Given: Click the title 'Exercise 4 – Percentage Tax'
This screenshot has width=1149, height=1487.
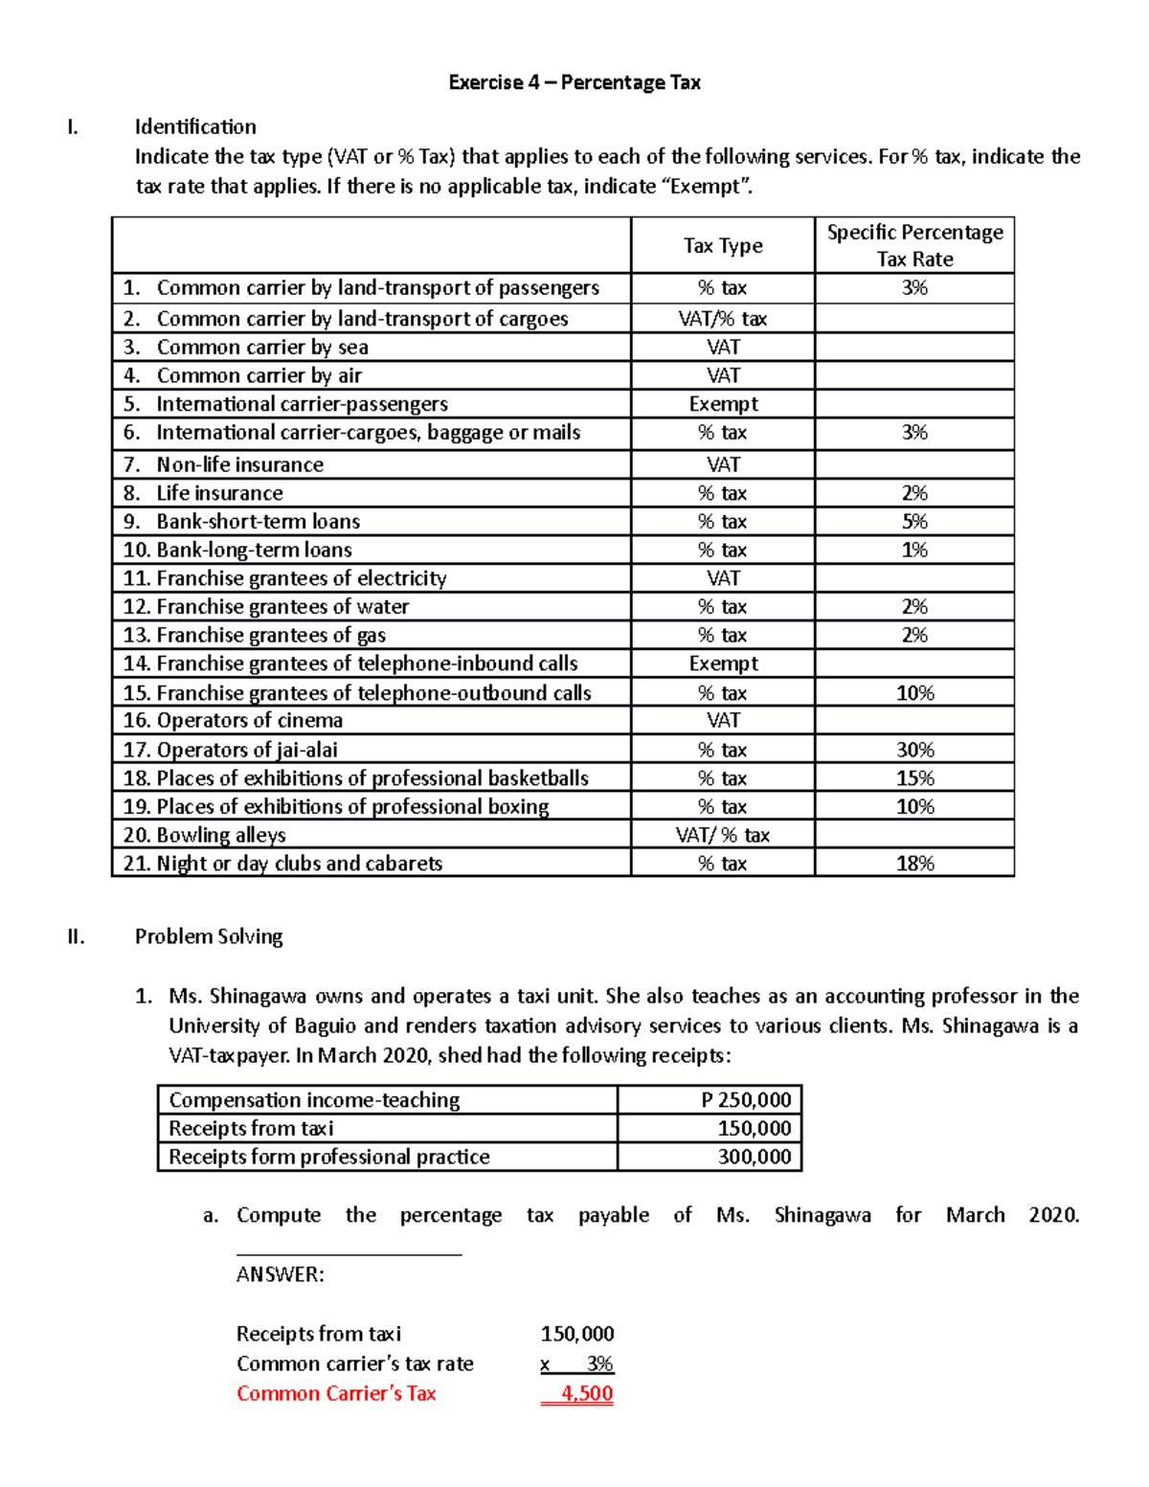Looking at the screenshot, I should (574, 82).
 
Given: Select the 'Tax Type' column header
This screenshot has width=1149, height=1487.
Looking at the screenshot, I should (723, 246).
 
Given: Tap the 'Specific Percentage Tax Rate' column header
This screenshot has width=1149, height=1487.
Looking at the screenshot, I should (914, 246).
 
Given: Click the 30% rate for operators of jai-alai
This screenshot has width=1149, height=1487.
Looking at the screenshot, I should (914, 750).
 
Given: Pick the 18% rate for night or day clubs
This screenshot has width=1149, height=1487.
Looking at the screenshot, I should (914, 864).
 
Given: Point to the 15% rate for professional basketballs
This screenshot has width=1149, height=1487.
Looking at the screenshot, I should (914, 778).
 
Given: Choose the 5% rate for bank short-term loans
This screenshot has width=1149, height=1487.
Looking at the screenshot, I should (914, 522).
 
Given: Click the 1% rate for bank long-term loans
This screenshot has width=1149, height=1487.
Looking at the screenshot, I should (914, 551).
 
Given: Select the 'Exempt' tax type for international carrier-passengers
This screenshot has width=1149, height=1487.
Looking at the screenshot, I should (723, 404).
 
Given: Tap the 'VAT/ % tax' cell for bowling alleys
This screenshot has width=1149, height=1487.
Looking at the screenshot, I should (723, 835).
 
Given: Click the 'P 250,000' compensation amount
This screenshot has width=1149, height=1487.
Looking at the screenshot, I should (746, 1100).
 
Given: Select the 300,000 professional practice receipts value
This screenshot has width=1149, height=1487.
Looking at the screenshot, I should (755, 1157).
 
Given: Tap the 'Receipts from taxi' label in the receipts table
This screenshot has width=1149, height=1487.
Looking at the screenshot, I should (251, 1128).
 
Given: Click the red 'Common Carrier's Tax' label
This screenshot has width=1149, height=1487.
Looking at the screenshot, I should (336, 1393).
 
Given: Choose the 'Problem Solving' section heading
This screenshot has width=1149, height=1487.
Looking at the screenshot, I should (209, 936).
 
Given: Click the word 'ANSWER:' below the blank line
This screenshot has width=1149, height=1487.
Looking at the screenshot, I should (281, 1274).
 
